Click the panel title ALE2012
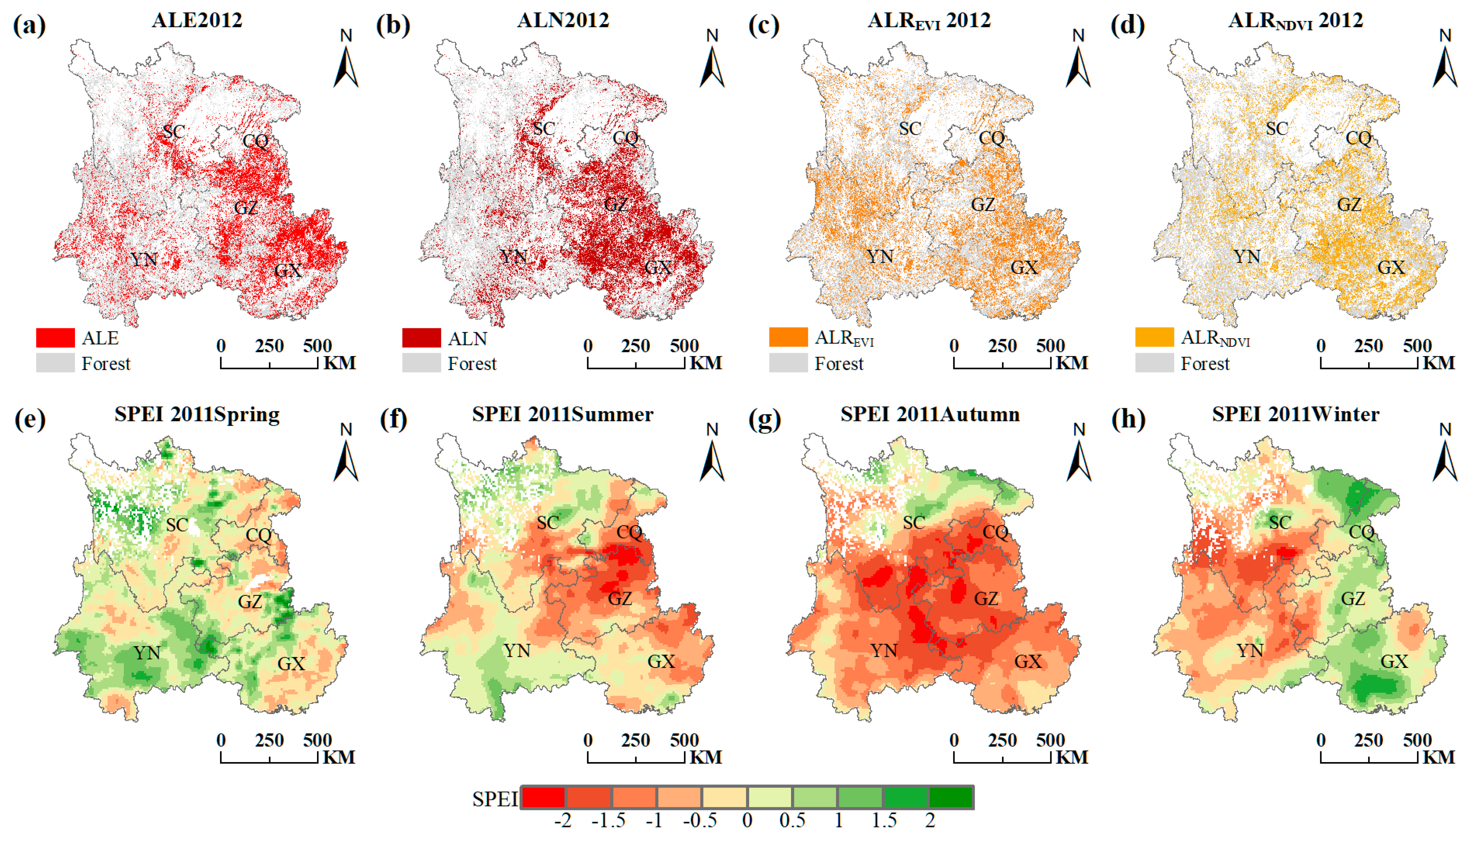[x=197, y=20]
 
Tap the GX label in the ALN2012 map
[x=658, y=267]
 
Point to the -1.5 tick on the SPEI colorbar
[x=608, y=821]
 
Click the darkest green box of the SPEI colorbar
[x=951, y=797]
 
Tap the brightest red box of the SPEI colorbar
[x=543, y=797]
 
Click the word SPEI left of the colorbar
[x=495, y=799]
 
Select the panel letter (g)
[x=764, y=419]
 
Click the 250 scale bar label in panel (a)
[x=269, y=346]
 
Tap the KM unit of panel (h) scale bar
[x=1438, y=757]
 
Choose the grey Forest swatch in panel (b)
[x=421, y=363]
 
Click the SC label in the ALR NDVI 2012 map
[x=1277, y=129]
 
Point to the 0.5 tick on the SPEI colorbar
[x=792, y=821]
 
